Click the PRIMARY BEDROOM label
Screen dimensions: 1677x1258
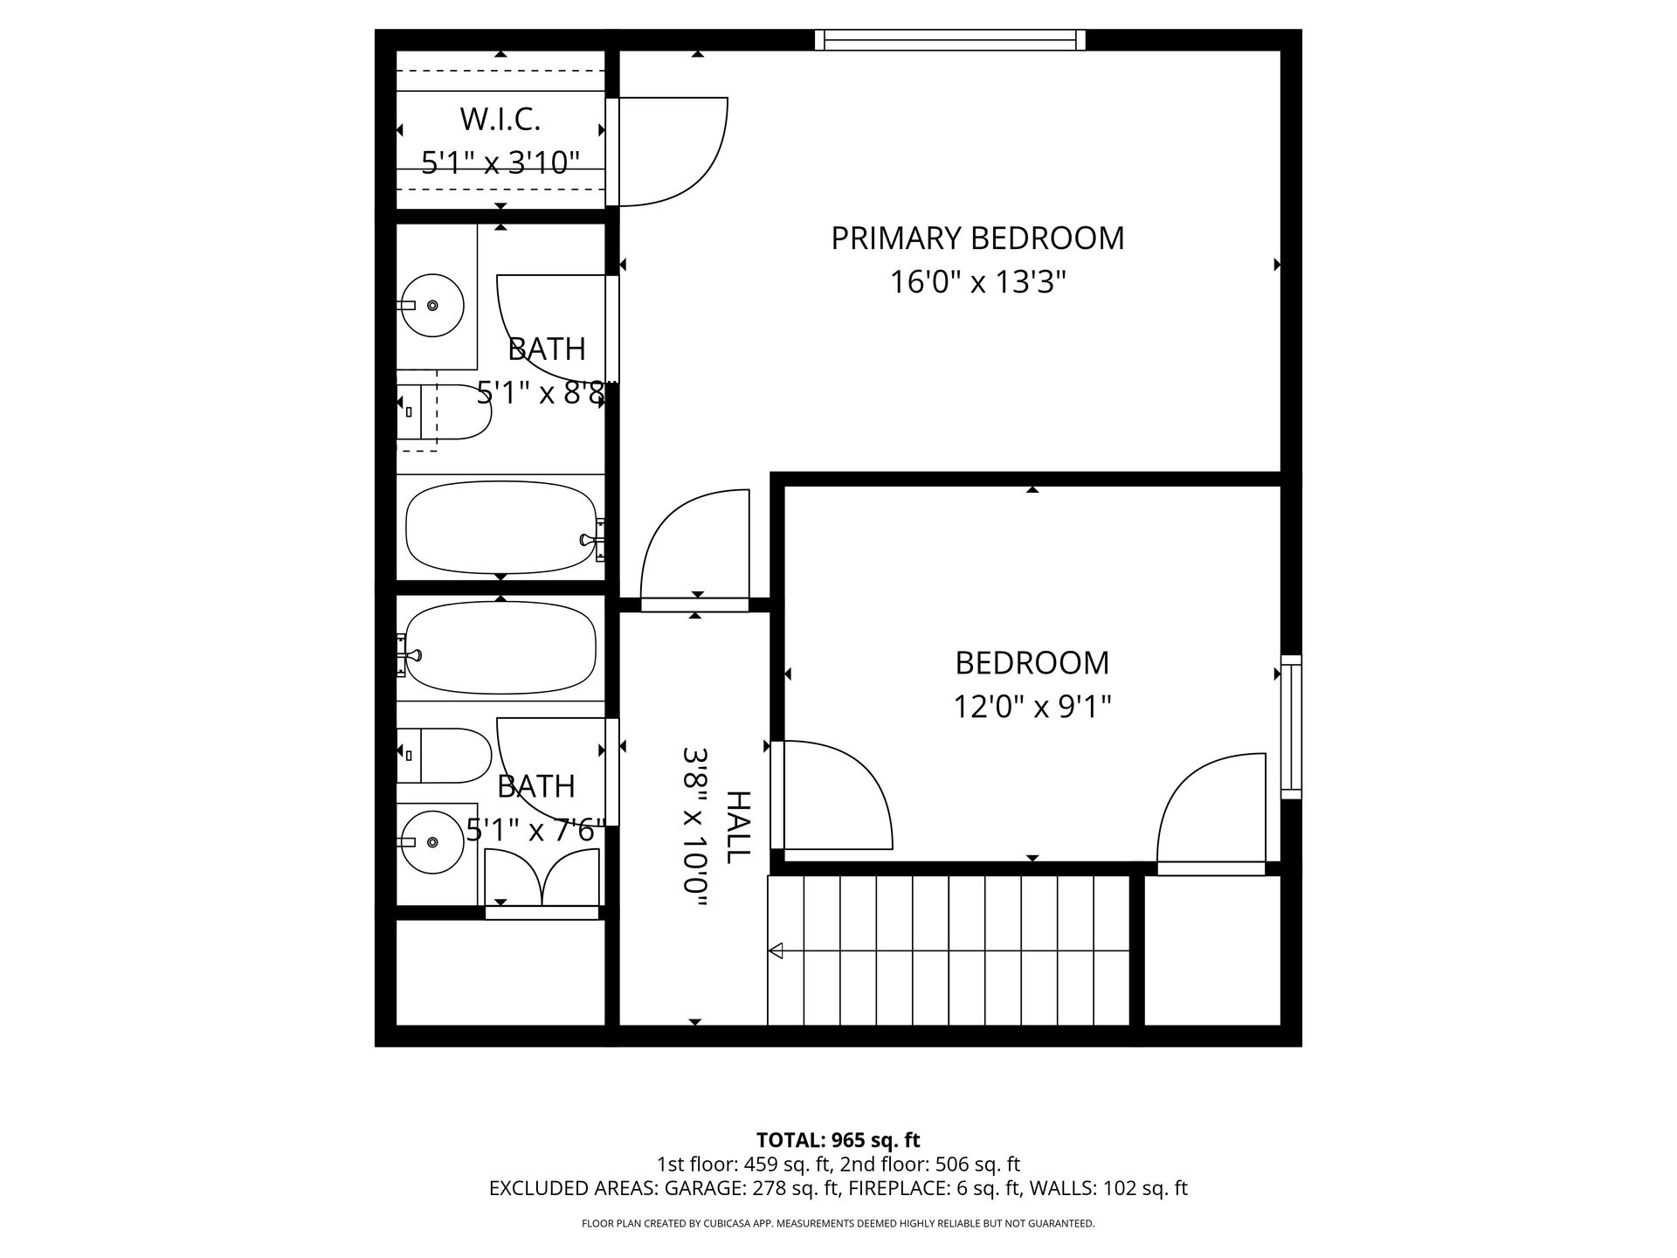point(977,238)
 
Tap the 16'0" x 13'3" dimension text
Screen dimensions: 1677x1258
point(978,282)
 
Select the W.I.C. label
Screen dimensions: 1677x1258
point(500,119)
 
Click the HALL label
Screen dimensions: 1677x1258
point(739,827)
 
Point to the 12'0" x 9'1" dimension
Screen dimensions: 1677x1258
point(1032,707)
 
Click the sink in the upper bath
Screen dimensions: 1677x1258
point(431,305)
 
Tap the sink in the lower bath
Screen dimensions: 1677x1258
point(431,842)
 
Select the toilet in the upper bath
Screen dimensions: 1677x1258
point(444,411)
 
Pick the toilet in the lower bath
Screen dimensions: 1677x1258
point(444,755)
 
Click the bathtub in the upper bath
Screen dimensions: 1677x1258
point(501,528)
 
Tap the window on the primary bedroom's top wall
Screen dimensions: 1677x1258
point(950,39)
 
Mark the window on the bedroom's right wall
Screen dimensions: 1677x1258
point(1291,727)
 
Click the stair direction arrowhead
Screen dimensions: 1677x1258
point(775,950)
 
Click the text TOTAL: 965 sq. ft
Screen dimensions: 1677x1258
point(838,1140)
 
